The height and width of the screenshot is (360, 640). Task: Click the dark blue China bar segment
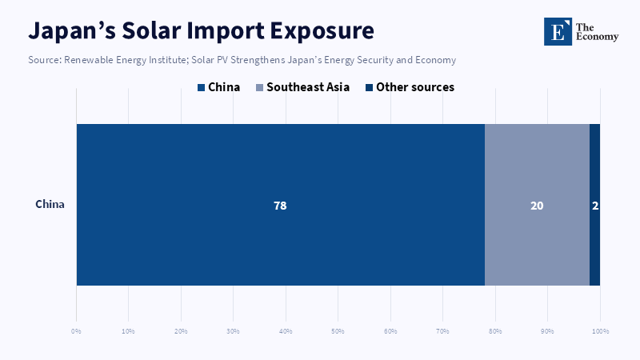click(x=281, y=205)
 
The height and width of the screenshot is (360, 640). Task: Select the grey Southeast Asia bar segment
click(x=537, y=205)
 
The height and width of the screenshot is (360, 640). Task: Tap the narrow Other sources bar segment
click(x=594, y=205)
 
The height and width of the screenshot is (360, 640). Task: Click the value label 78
click(x=280, y=206)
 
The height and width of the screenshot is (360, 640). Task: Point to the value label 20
click(x=537, y=206)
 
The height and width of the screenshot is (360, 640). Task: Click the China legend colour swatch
click(x=201, y=87)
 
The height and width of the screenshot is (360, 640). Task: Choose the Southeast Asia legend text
click(x=308, y=87)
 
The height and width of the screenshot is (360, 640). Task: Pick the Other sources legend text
click(x=415, y=87)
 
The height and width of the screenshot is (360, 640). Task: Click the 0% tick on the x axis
click(x=76, y=331)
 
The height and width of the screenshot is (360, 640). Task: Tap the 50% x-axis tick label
click(x=338, y=331)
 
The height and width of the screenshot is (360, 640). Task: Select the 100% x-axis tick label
click(x=601, y=331)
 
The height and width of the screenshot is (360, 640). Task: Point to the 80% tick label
click(x=495, y=331)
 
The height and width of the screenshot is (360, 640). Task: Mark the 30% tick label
click(x=233, y=331)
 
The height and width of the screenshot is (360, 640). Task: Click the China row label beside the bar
click(x=50, y=204)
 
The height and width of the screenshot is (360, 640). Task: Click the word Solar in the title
click(x=150, y=30)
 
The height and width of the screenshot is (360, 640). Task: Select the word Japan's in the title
click(x=72, y=31)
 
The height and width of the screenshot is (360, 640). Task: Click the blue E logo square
click(x=558, y=31)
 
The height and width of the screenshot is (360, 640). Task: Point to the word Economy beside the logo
click(x=597, y=37)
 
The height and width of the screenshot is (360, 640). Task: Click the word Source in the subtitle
click(x=44, y=60)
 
